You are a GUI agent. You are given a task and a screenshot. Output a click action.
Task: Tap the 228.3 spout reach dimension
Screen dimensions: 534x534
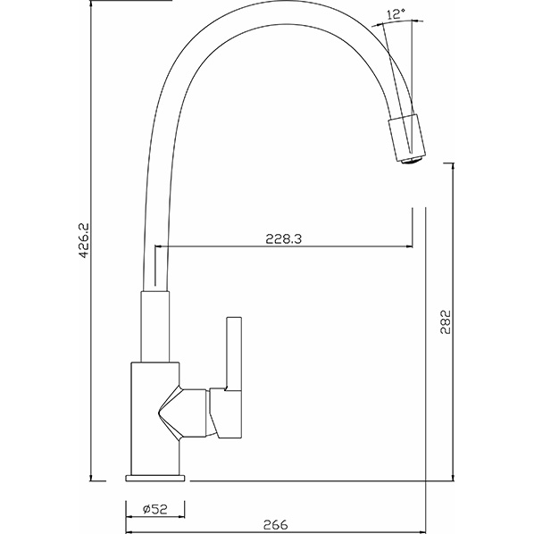click(x=285, y=238)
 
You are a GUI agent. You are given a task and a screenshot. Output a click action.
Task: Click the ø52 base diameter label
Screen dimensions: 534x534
click(x=154, y=509)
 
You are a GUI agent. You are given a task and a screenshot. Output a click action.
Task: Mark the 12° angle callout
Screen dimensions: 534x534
click(x=396, y=13)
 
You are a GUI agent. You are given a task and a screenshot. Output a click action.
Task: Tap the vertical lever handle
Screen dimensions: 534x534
click(x=235, y=353)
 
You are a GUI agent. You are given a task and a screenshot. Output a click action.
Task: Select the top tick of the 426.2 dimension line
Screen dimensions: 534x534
click(x=93, y=3)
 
